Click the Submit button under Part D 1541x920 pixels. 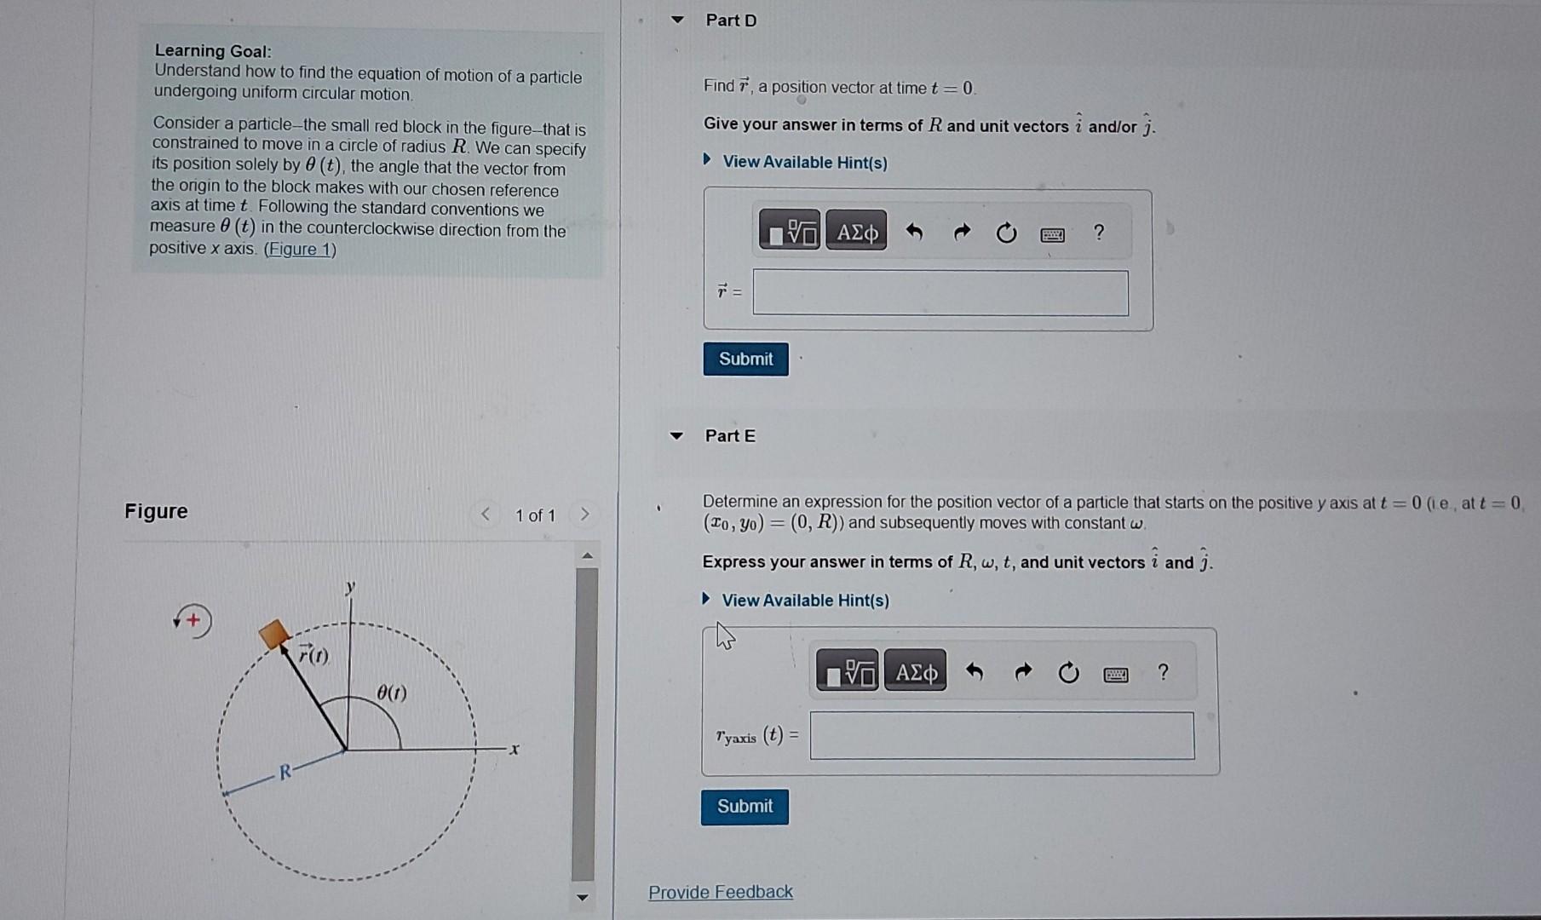pyautogui.click(x=745, y=359)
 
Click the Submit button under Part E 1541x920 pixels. pyautogui.click(x=745, y=806)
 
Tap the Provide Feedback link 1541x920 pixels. pyautogui.click(x=720, y=892)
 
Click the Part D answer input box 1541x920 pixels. pyautogui.click(x=940, y=293)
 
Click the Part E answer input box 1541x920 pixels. pyautogui.click(x=1001, y=735)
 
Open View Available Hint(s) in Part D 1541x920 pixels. pyautogui.click(x=804, y=162)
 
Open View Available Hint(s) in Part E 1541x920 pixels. pyautogui.click(x=804, y=601)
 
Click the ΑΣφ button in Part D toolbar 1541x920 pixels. pyautogui.click(x=856, y=232)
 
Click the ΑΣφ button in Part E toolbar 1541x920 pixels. pyautogui.click(x=915, y=673)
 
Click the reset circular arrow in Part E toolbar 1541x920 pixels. pyautogui.click(x=1068, y=674)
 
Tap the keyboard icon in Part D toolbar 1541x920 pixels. pyautogui.click(x=1052, y=234)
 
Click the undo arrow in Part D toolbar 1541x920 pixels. pyautogui.click(x=914, y=232)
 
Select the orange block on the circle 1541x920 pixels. pyautogui.click(x=274, y=635)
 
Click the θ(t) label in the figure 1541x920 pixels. pyautogui.click(x=391, y=693)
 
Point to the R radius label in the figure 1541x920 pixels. pyautogui.click(x=285, y=772)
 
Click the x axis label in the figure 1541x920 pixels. pyautogui.click(x=514, y=749)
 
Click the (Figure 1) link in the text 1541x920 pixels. pyautogui.click(x=300, y=249)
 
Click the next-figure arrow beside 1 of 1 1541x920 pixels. pyautogui.click(x=584, y=515)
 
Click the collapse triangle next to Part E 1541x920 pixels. pyautogui.click(x=676, y=435)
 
